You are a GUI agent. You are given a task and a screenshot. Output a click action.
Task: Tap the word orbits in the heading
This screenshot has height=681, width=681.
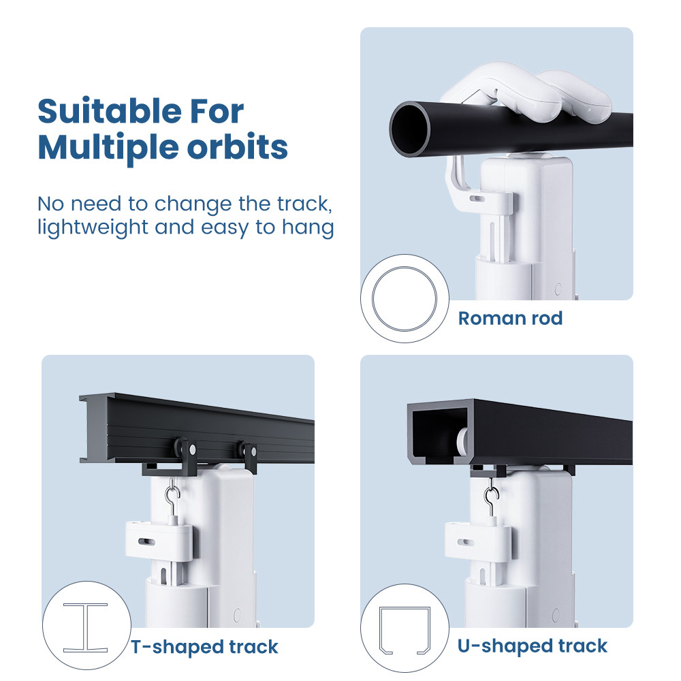237,147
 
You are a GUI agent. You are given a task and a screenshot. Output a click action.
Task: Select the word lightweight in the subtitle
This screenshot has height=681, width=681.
93,227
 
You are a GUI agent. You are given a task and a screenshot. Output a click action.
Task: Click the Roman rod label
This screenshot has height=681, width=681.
510,318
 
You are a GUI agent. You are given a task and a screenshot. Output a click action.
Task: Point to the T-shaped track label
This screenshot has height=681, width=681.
204,647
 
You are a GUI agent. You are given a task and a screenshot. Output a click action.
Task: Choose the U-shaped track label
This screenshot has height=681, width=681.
533,646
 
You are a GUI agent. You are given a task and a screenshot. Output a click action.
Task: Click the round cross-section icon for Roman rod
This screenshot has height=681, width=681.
405,298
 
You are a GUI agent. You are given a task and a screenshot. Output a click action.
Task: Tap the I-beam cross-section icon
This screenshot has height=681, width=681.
86,628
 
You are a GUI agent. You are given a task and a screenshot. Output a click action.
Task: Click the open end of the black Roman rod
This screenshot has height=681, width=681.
410,129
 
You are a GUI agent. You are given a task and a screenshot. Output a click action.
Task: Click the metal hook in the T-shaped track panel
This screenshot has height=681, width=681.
172,499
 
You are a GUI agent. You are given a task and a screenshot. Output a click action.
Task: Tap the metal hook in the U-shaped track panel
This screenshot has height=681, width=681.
492,498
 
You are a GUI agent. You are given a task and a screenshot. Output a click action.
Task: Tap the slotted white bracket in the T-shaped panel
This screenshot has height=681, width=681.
159,540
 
